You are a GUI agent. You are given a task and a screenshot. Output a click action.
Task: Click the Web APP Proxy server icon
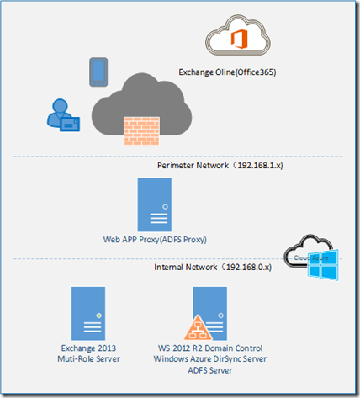pyautogui.click(x=161, y=203)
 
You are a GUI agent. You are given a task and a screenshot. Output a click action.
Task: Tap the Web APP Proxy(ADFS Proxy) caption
pyautogui.click(x=160, y=239)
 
